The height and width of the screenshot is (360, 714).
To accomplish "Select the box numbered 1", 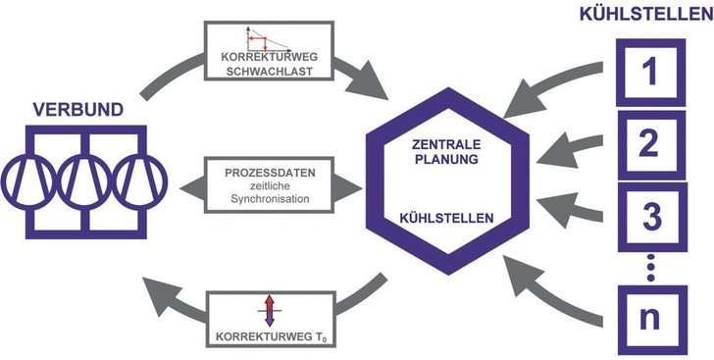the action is click(646, 72).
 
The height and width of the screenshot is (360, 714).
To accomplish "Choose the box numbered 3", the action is click(646, 216).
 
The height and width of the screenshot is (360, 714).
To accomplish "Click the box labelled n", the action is click(646, 318).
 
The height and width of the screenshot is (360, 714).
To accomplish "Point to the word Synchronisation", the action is click(265, 199).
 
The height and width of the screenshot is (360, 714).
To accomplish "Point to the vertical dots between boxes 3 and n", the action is click(646, 264).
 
